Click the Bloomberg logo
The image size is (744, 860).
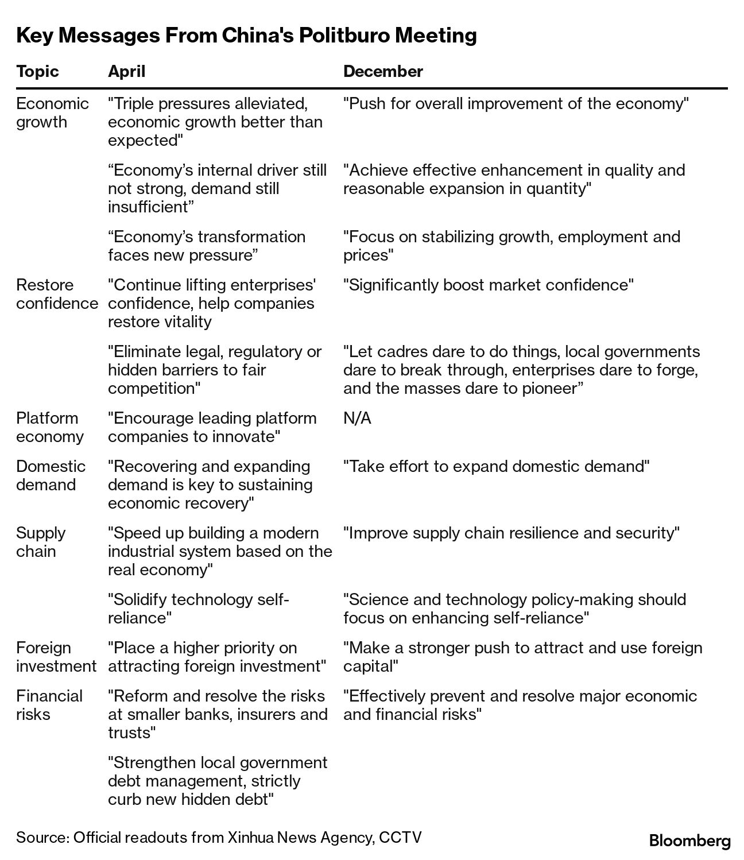[689, 841]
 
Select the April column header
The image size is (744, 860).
[127, 71]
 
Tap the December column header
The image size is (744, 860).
[383, 71]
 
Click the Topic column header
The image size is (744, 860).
[37, 71]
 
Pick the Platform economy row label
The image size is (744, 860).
[50, 427]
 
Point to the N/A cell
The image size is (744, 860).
[357, 418]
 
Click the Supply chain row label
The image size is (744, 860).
[41, 542]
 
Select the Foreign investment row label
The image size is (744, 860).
[56, 657]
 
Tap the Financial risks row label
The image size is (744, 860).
[49, 705]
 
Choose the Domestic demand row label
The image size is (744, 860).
[51, 475]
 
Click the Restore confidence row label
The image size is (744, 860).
[57, 294]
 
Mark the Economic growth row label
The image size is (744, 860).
[52, 113]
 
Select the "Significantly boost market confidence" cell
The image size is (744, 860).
[489, 285]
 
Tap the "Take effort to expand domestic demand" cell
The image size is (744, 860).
[496, 466]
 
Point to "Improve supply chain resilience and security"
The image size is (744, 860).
[511, 533]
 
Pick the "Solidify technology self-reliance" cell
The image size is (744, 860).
[199, 609]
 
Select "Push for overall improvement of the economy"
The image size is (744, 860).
[516, 103]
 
